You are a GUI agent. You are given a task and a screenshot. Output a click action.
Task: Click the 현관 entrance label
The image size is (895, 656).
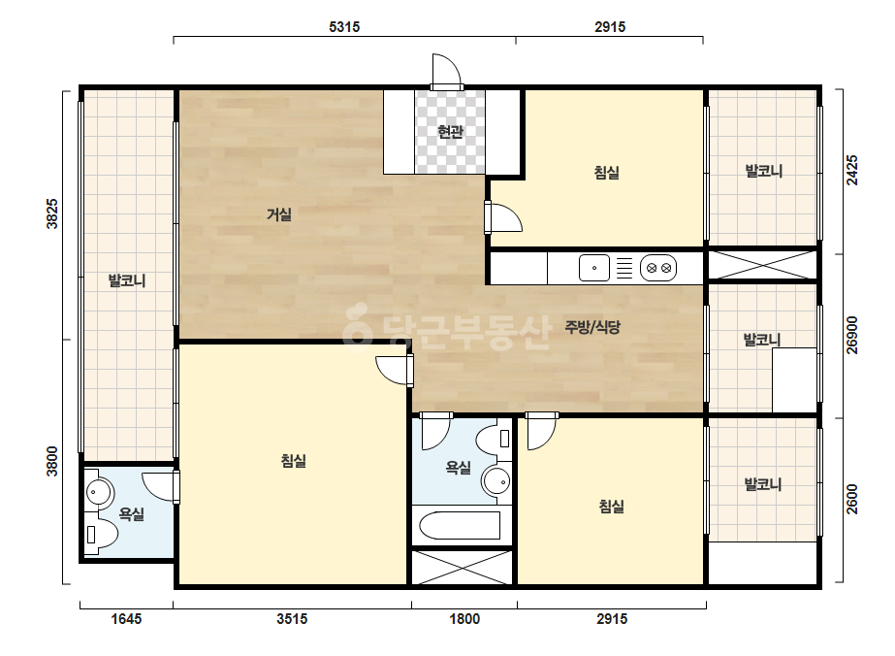[450, 132]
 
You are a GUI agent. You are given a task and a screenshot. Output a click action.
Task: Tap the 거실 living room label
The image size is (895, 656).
[279, 214]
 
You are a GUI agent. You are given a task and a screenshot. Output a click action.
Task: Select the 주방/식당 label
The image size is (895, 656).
[591, 327]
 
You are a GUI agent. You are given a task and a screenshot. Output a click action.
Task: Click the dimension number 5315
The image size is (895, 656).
[344, 27]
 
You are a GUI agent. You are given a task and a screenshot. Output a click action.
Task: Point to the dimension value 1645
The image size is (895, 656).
[126, 619]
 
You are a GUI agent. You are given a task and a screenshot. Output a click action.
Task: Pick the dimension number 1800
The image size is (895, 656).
[464, 619]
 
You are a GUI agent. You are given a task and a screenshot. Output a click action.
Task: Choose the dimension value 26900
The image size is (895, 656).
[852, 336]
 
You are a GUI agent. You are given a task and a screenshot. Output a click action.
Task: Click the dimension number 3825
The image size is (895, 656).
[52, 213]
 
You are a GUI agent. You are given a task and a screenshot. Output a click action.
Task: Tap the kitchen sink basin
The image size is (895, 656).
[594, 268]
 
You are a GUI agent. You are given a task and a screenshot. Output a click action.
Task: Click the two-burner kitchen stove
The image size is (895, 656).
[658, 268]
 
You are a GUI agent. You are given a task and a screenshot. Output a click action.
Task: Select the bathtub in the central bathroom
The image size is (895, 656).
[460, 525]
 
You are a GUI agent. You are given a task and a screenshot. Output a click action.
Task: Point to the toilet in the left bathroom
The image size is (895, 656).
[101, 535]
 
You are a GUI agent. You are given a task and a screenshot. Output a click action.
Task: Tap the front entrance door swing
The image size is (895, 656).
[446, 71]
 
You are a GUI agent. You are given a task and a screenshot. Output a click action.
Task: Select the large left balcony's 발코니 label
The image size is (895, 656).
[127, 280]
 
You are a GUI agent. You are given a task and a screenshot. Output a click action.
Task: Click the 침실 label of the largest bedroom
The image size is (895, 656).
[294, 461]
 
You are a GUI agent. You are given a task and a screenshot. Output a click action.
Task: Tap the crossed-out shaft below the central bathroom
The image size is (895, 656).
[463, 568]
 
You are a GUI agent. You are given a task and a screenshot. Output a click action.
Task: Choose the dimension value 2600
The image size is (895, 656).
[852, 499]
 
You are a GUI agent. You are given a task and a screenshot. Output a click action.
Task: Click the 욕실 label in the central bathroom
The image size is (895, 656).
[458, 468]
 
